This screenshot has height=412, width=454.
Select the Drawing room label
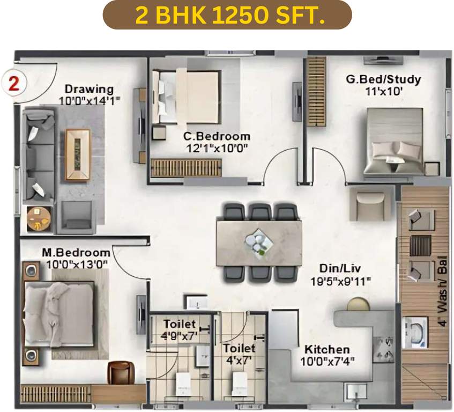click(89, 89)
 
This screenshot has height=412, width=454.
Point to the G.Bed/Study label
click(383, 79)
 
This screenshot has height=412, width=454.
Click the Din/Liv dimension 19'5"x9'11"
click(341, 280)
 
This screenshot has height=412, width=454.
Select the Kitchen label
click(327, 349)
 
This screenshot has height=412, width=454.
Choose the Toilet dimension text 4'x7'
click(240, 360)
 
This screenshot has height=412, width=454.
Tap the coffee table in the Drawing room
click(78, 154)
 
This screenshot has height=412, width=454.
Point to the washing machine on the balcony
click(414, 332)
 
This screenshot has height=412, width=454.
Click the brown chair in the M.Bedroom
click(121, 373)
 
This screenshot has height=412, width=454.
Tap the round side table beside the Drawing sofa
click(39, 217)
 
